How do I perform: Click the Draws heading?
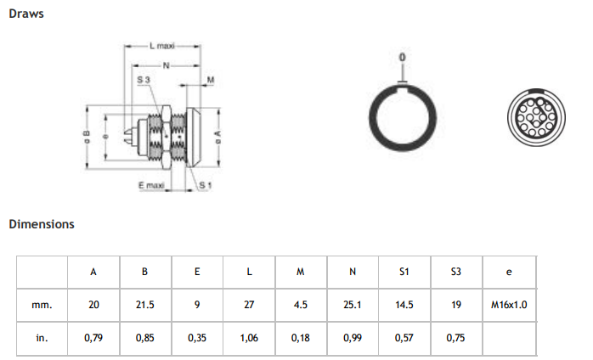26,14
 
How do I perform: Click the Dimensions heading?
42,225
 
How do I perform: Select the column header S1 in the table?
404,272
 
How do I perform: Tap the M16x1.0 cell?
509,304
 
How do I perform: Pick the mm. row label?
42,304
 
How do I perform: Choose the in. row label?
42,337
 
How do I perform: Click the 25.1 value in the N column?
353,304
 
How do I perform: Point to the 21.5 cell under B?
145,304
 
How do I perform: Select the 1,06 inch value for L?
249,337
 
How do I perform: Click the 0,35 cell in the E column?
197,337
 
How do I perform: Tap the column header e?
508,272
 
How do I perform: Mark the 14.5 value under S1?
404,304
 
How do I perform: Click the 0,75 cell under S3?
456,337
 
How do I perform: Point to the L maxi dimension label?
161,45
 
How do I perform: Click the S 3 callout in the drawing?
144,78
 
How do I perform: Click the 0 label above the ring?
403,56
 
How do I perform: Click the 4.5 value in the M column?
301,304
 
